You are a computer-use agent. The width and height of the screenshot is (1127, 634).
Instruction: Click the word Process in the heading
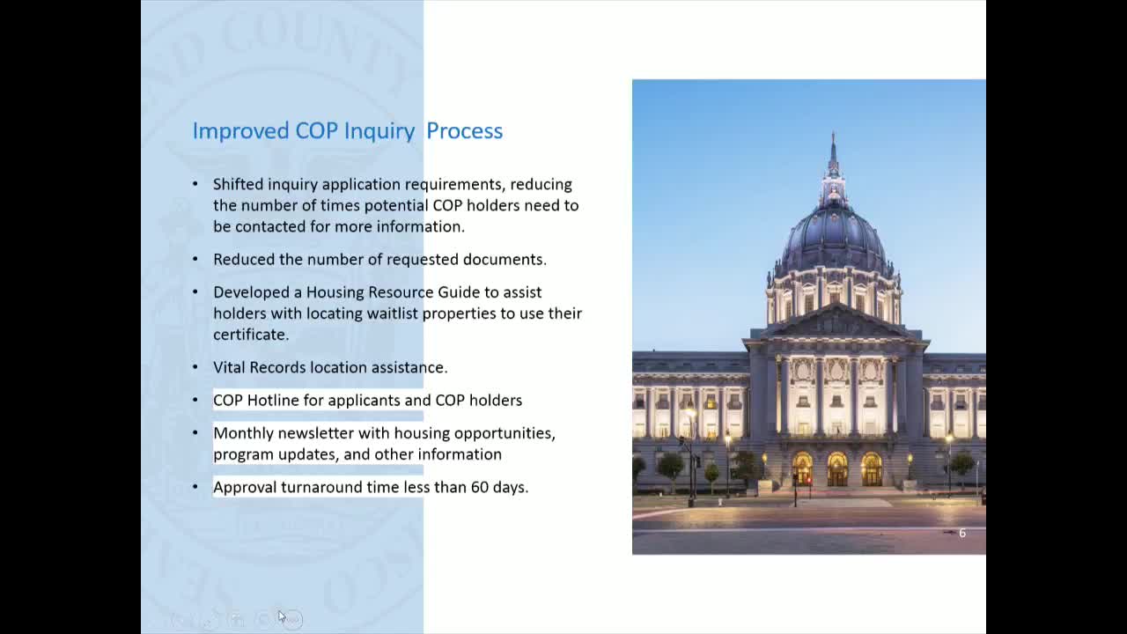(x=464, y=130)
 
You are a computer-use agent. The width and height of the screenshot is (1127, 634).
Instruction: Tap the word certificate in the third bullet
(x=249, y=335)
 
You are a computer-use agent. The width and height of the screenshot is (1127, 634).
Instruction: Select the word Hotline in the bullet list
(x=272, y=400)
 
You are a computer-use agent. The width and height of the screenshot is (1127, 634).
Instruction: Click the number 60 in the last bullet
(x=479, y=487)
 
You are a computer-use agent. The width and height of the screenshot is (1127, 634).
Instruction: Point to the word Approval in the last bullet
(x=245, y=487)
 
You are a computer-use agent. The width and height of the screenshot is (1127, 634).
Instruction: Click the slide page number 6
(x=961, y=533)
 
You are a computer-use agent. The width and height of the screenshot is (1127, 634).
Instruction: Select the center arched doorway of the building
(x=836, y=469)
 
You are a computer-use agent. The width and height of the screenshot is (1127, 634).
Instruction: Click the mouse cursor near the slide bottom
(x=282, y=616)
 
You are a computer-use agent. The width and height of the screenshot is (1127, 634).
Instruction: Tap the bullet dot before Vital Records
(x=195, y=367)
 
